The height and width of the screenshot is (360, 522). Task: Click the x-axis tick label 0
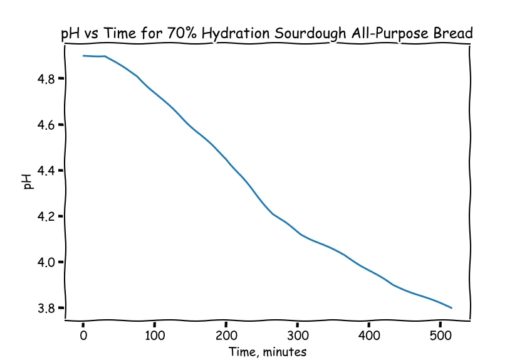coord(83,335)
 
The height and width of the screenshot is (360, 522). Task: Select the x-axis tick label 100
coord(155,335)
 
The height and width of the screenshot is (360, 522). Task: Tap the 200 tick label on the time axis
coord(226,335)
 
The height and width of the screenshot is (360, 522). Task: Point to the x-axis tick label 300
coord(298,335)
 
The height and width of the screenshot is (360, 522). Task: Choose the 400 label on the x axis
coord(369,335)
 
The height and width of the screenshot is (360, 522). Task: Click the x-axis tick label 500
coord(441,335)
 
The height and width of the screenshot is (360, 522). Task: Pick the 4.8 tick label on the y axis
coord(47,79)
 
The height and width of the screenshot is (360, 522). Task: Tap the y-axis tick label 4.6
coord(47,125)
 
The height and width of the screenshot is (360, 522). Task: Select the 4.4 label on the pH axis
coord(47,171)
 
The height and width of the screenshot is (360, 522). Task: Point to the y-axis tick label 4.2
coord(47,216)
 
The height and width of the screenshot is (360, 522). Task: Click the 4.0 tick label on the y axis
coord(47,262)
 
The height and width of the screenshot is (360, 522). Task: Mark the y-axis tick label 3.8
coord(47,308)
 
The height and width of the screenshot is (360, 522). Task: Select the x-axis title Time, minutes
coord(268,352)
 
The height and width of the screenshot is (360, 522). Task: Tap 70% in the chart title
coord(182,33)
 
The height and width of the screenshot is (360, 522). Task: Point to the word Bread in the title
coord(453,33)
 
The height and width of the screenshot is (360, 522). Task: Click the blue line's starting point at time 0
coord(83,56)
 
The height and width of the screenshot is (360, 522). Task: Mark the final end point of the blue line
coord(452,308)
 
